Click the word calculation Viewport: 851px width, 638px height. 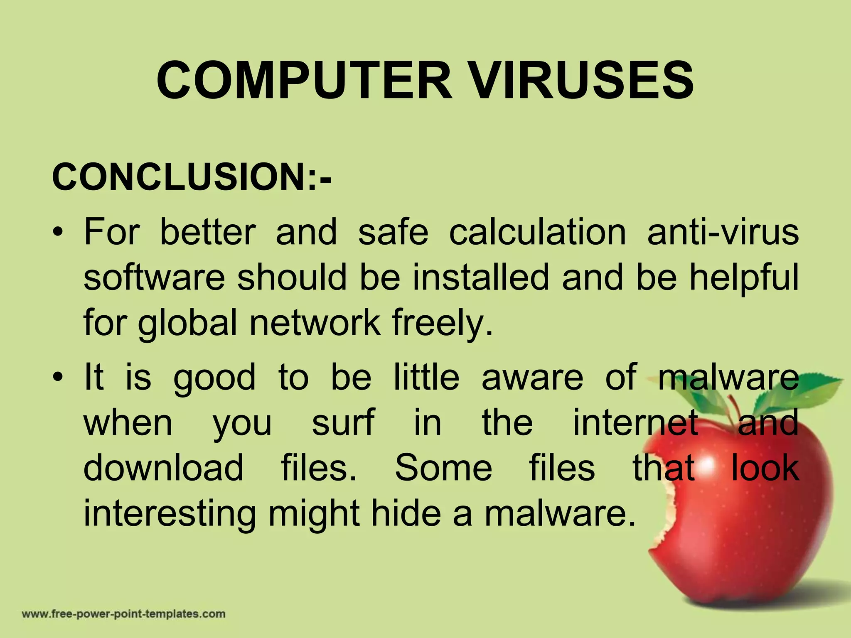[537, 232]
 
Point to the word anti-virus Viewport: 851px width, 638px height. [723, 232]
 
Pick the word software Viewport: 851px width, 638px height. [154, 277]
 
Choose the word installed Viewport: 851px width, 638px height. [481, 277]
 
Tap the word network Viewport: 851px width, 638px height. [315, 323]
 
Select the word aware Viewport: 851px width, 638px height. [532, 377]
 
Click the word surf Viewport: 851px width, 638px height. [343, 422]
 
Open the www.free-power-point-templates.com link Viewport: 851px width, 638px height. [123, 614]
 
